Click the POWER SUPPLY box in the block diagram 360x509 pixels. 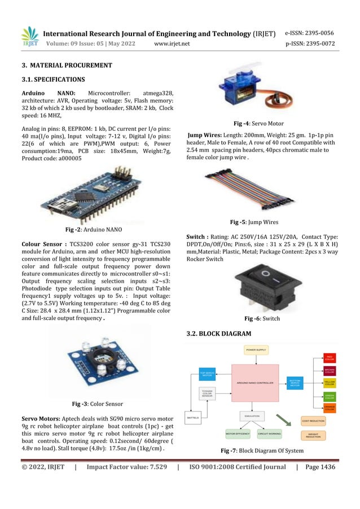point(256,350)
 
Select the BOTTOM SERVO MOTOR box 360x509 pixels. point(296,383)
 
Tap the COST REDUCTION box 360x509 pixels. point(313,420)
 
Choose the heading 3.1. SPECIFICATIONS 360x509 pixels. point(53,79)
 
